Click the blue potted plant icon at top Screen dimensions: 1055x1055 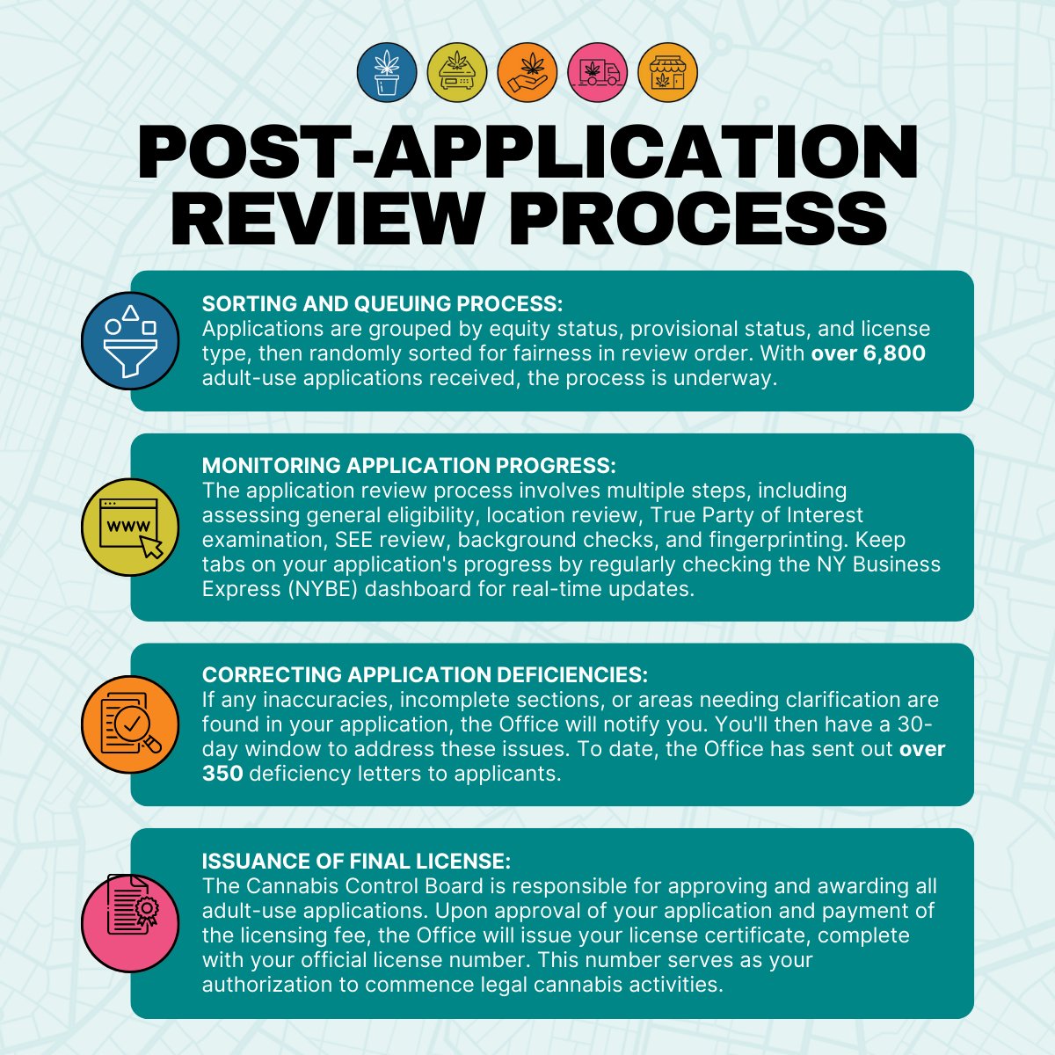click(x=386, y=71)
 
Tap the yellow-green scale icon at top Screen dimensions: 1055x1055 click(x=456, y=71)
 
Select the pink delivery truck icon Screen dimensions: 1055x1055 click(x=598, y=71)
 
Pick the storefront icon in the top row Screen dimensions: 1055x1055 click(x=668, y=71)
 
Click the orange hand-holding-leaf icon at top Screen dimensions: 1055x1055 click(x=527, y=71)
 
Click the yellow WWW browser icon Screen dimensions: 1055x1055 click(x=130, y=527)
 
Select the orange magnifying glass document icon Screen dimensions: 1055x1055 click(x=130, y=724)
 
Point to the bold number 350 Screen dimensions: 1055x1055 click(x=222, y=775)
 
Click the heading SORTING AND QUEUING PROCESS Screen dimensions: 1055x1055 click(x=382, y=304)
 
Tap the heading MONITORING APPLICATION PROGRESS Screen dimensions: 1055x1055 click(x=409, y=465)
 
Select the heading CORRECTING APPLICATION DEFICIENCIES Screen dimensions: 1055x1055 click(x=425, y=675)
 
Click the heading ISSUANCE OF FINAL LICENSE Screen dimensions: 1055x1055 click(x=356, y=861)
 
